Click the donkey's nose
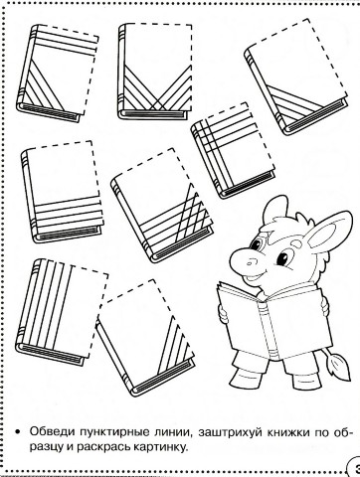pyautogui.click(x=245, y=259)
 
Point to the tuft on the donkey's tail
pyautogui.click(x=338, y=367)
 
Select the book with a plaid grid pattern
pyautogui.click(x=233, y=151)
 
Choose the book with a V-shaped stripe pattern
pyautogui.click(x=155, y=72)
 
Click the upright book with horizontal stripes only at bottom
pyautogui.click(x=62, y=192)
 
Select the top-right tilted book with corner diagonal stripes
pyautogui.click(x=296, y=77)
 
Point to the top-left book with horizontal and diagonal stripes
pyautogui.click(x=57, y=73)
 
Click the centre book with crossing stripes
pyautogui.click(x=161, y=206)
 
